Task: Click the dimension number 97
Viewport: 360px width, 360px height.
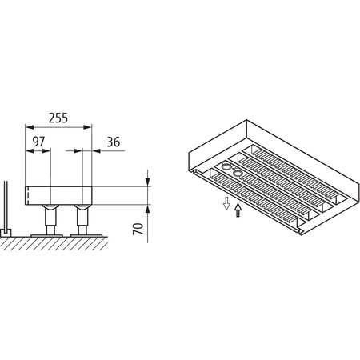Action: tap(38, 142)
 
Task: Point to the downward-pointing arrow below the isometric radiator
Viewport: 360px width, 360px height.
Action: tap(226, 206)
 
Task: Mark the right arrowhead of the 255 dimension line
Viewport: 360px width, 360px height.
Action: tap(90, 126)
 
